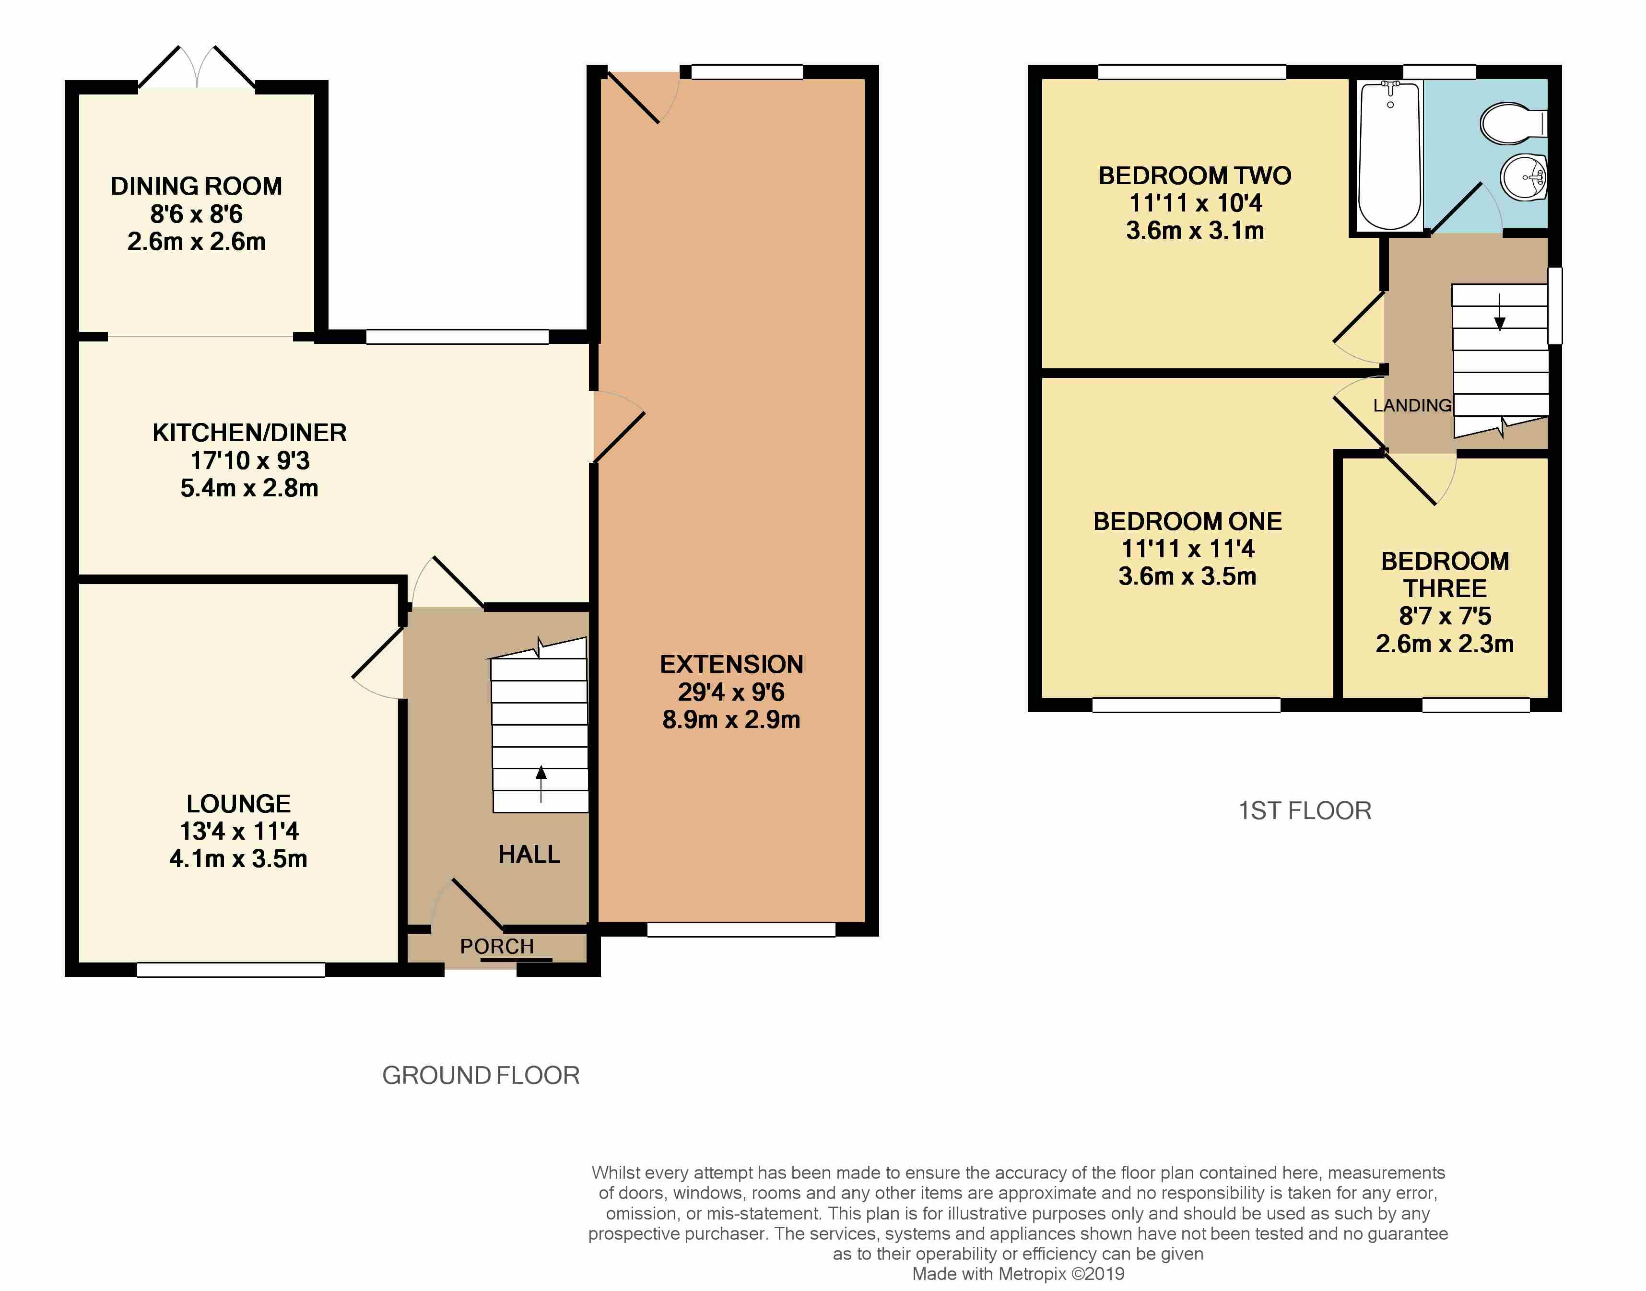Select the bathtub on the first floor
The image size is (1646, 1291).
coord(1390,156)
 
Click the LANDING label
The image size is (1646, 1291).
coord(1412,406)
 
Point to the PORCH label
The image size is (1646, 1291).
coord(496,946)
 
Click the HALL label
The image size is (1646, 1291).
coord(529,854)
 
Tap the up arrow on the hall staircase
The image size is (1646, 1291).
coord(541,784)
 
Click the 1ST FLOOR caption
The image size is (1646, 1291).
coord(1305,810)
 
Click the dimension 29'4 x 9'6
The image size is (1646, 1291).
coord(731,692)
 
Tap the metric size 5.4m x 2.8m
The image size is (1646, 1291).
coord(249,488)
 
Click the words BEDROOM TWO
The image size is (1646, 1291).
coord(1195,176)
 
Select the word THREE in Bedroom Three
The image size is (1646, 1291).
coord(1445,588)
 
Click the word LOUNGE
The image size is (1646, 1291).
coord(239,803)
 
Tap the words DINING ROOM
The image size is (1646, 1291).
coord(197,186)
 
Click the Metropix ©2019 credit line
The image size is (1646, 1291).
coord(1018,1274)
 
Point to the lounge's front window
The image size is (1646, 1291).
coord(231,970)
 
